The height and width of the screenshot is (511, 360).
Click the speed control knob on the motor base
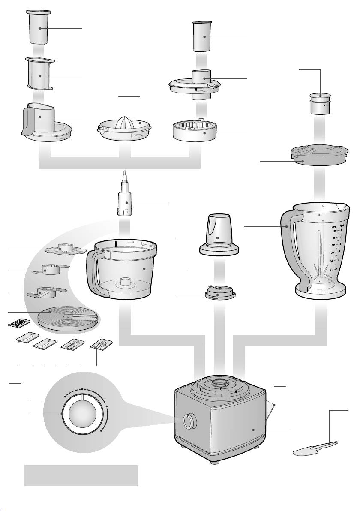click(188, 422)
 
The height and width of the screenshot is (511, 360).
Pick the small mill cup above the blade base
click(217, 237)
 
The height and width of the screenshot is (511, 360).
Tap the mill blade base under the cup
click(219, 295)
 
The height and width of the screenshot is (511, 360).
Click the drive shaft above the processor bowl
click(126, 201)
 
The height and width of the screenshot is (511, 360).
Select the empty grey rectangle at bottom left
click(81, 475)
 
